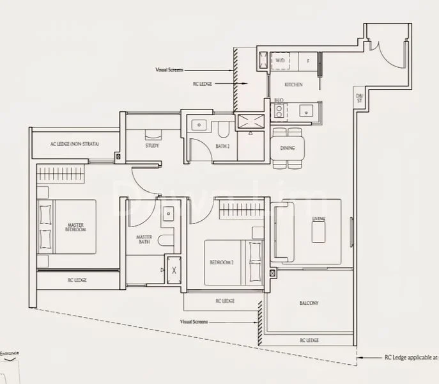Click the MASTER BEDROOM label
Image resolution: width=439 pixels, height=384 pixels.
pyautogui.click(x=77, y=227)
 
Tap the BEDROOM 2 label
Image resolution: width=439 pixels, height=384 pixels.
pyautogui.click(x=220, y=262)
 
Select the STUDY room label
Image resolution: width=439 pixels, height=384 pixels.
pyautogui.click(x=152, y=146)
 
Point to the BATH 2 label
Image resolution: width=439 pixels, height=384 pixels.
pyautogui.click(x=222, y=146)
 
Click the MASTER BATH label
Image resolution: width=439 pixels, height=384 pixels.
pyautogui.click(x=143, y=239)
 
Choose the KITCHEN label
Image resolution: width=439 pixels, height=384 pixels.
pyautogui.click(x=293, y=84)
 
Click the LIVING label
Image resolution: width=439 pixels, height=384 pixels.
pyautogui.click(x=318, y=220)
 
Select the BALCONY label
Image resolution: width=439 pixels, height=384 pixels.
pyautogui.click(x=308, y=303)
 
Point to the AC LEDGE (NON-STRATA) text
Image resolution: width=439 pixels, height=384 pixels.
pyautogui.click(x=74, y=144)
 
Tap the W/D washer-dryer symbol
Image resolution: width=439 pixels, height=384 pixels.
pyautogui.click(x=280, y=61)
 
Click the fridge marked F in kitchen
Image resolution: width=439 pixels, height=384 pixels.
pyautogui.click(x=308, y=61)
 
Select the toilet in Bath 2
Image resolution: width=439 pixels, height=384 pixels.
pyautogui.click(x=222, y=129)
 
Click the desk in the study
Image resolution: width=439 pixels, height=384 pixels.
pyautogui.click(x=153, y=135)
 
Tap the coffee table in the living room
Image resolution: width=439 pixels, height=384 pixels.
pyautogui.click(x=319, y=232)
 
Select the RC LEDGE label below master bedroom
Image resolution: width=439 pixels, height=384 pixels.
pyautogui.click(x=77, y=280)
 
